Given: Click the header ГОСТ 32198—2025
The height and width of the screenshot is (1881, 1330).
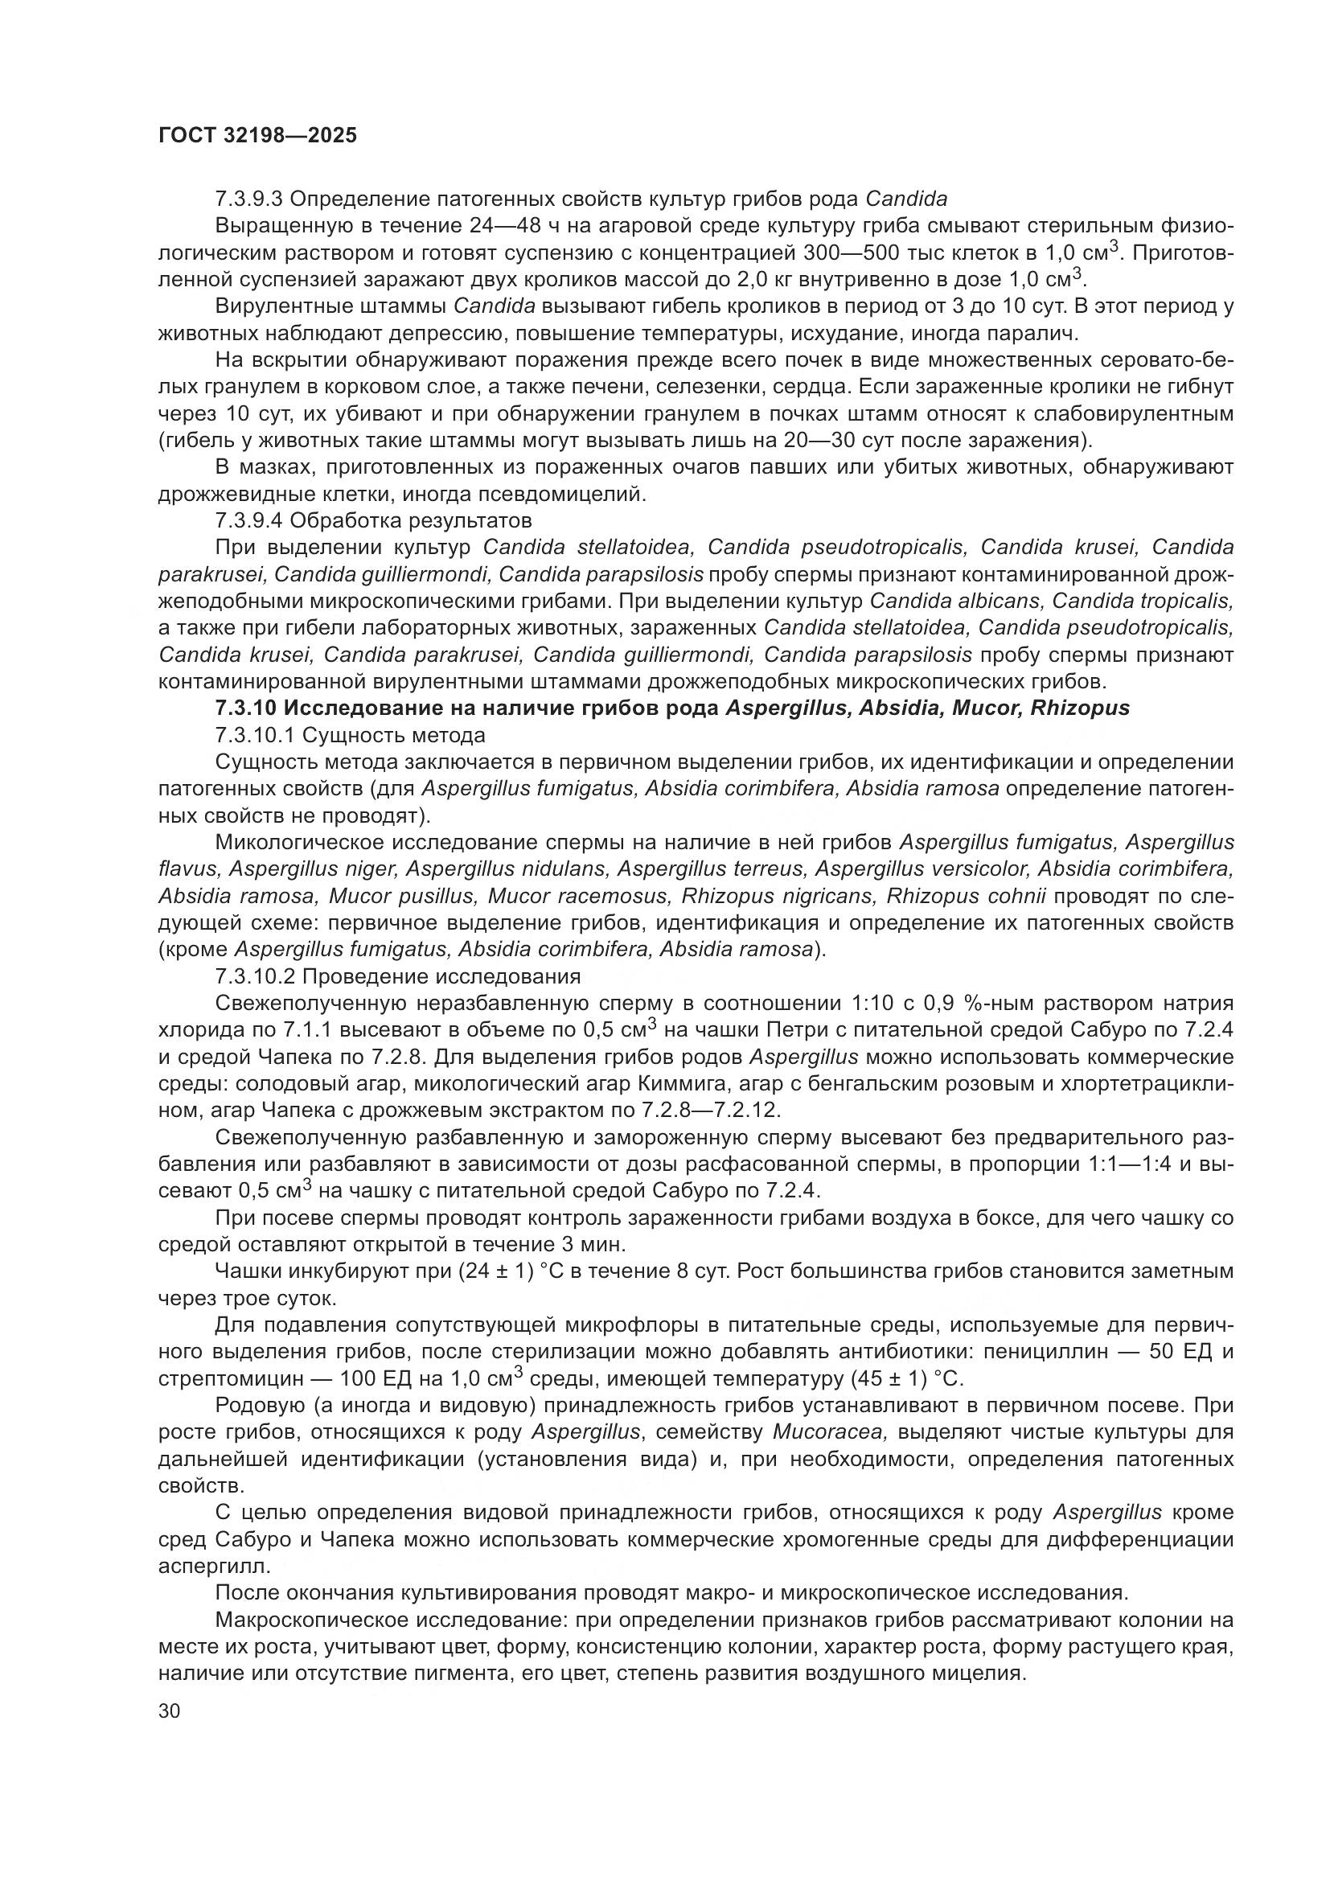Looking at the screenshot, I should pos(258,136).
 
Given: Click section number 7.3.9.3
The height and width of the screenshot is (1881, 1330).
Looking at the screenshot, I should pos(249,199).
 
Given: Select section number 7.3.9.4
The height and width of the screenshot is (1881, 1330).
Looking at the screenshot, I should pos(249,521).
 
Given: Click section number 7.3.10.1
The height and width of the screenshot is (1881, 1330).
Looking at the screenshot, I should pos(255,736).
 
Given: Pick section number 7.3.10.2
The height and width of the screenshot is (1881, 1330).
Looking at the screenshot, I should pos(255,977).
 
